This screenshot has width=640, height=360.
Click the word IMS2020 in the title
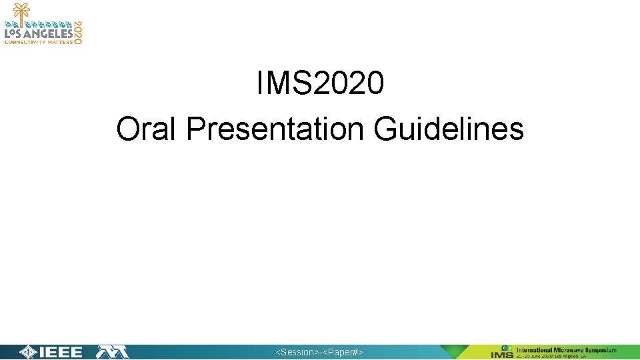pos(320,84)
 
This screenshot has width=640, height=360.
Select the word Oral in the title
pos(147,129)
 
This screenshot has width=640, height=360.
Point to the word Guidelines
pos(449,129)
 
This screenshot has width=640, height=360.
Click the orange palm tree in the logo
pos(22,13)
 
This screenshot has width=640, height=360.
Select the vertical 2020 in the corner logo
pos(77,32)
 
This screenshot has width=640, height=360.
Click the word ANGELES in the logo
pos(49,33)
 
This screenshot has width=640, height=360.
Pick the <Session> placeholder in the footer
pos(297,352)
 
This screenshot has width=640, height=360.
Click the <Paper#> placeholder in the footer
pos(343,352)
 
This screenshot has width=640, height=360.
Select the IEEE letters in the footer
pos(61,352)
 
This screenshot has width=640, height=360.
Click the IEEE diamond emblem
pos(29,352)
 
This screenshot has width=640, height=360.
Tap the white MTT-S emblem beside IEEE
pos(112,352)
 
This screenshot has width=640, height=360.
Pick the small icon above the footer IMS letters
pos(505,347)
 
